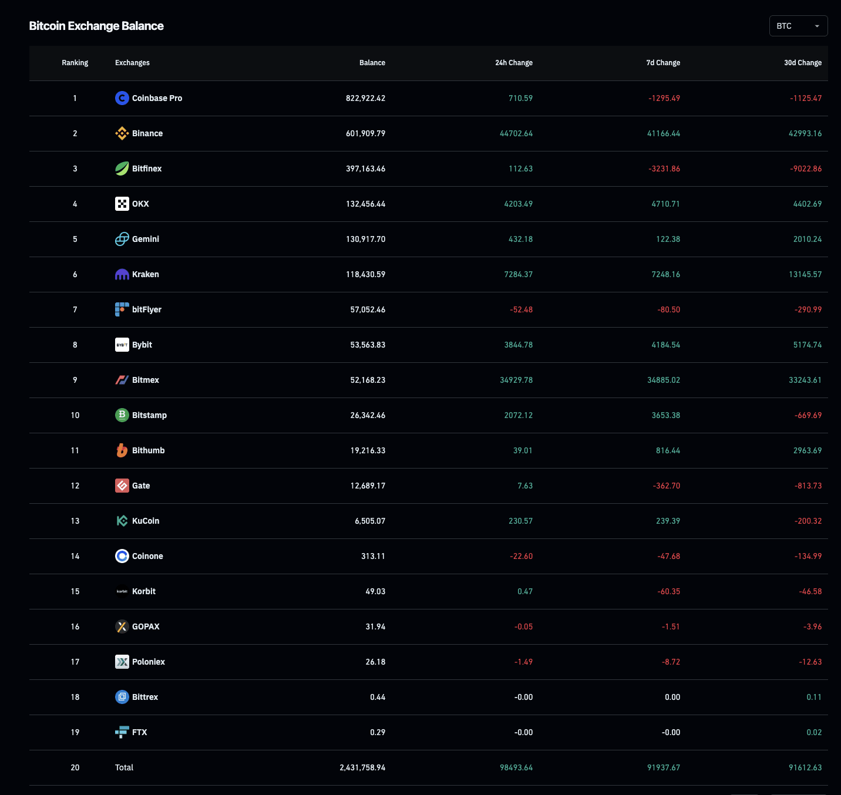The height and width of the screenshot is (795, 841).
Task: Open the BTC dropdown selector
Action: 798,26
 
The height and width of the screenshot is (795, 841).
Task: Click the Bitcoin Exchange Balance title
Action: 96,26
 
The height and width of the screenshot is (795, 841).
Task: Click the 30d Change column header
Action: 802,63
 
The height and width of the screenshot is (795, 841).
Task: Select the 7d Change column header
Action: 663,63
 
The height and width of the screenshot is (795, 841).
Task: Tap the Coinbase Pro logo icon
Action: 122,98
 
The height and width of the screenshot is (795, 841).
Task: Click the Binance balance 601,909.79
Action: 365,133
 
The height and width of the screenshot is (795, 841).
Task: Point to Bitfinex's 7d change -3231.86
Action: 664,169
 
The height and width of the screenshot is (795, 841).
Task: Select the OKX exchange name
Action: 140,204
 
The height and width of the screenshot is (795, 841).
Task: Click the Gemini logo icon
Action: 122,239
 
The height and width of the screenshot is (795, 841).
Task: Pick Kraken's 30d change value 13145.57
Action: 805,274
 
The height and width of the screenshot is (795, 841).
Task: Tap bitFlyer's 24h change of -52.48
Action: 521,309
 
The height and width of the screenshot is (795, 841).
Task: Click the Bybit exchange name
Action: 142,345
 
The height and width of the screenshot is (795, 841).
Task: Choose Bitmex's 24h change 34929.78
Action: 516,380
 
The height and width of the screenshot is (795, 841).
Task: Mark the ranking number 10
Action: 75,415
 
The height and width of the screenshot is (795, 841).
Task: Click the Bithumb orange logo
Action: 122,450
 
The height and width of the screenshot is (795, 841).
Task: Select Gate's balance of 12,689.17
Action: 368,486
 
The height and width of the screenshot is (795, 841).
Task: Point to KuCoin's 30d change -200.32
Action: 808,521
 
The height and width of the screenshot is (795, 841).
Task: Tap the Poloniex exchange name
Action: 149,662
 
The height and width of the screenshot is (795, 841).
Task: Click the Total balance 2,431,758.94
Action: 362,767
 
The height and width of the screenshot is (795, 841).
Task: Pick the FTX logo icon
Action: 122,732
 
